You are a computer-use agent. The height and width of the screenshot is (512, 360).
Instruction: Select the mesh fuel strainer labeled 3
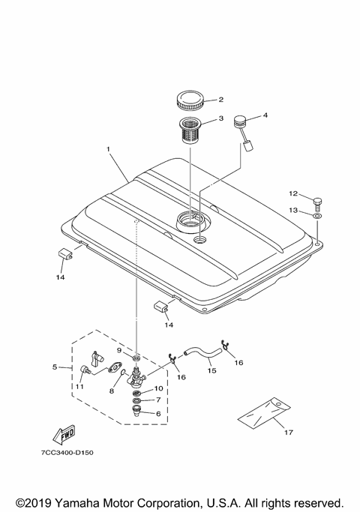(x=190, y=130)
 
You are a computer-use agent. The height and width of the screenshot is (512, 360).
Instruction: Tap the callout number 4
(x=265, y=115)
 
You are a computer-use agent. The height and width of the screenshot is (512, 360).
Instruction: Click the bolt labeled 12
(x=317, y=202)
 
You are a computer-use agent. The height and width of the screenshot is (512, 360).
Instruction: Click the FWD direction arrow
(x=64, y=434)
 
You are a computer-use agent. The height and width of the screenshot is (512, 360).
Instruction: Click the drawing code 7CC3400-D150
(x=67, y=453)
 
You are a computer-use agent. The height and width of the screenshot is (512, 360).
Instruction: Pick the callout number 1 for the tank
(x=108, y=149)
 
